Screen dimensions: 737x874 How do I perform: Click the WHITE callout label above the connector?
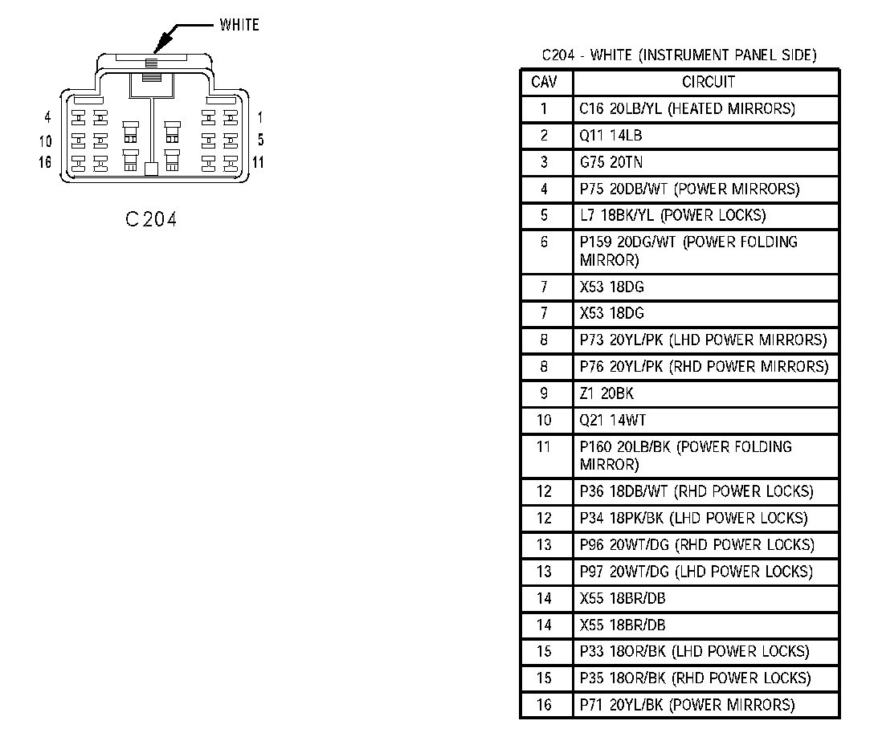point(239,25)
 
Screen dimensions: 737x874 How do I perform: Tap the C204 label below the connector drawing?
point(151,219)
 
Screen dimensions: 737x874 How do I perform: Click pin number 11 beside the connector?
point(259,162)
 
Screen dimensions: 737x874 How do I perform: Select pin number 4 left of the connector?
point(48,117)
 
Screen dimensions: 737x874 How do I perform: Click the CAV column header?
point(544,82)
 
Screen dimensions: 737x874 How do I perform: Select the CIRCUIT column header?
point(708,82)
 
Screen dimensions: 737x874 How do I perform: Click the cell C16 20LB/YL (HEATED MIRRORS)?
point(687,108)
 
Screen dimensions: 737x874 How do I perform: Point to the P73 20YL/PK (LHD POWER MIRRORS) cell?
point(703,340)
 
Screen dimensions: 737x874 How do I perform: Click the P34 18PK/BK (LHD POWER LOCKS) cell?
point(693,518)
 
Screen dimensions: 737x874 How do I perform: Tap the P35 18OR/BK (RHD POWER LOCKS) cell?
point(695,678)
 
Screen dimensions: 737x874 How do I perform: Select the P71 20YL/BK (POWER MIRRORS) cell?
point(687,705)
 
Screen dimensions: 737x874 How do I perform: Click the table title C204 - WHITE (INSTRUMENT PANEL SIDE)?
point(679,55)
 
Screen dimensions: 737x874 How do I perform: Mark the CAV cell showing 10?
point(544,420)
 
